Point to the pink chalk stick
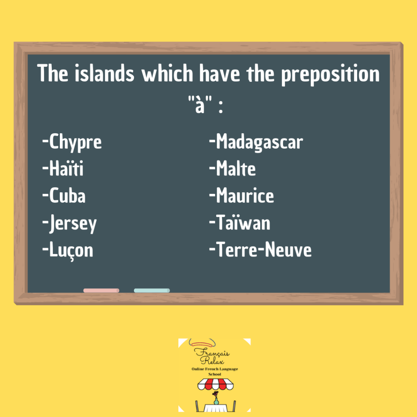pos(101,290)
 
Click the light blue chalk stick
pos(152,290)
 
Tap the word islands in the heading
pos(104,73)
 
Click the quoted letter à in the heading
pos(200,105)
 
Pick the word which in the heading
pos(167,73)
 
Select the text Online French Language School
pos(215,371)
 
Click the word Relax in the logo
pos(212,361)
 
